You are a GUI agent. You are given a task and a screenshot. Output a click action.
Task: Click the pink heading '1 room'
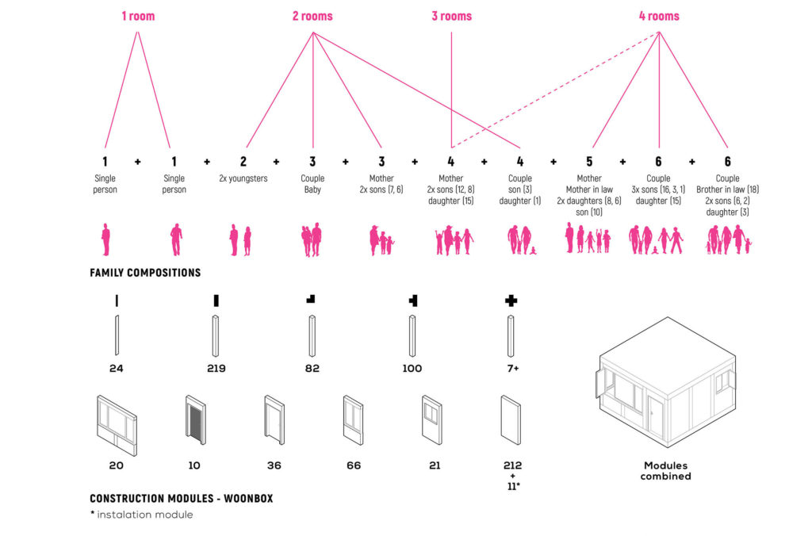[x=138, y=16]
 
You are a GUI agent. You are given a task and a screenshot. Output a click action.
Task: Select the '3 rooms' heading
[x=451, y=16]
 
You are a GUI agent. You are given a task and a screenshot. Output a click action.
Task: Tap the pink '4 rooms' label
[x=659, y=16]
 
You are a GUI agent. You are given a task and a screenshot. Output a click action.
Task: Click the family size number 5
[x=589, y=162]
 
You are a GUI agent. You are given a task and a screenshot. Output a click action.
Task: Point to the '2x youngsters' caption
[x=243, y=178]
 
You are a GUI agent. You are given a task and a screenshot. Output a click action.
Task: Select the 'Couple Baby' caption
[x=312, y=184]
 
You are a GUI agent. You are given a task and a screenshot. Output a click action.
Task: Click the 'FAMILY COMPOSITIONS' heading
[x=145, y=273]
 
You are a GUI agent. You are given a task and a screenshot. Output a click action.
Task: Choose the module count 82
[x=312, y=369]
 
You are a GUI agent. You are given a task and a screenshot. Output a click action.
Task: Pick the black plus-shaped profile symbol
[x=511, y=301]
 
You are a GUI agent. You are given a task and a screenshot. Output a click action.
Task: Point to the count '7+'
[x=511, y=369]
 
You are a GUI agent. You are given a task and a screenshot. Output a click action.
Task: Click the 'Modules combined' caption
[x=667, y=471]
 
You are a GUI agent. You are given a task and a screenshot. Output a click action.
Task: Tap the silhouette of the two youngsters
[x=240, y=239]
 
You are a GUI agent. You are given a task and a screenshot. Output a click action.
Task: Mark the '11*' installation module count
[x=512, y=485]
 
